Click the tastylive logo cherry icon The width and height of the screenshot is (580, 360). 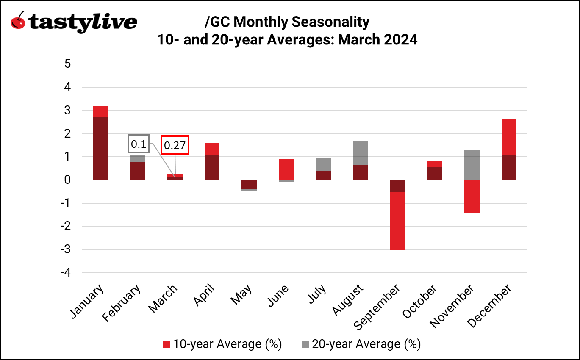pyautogui.click(x=18, y=21)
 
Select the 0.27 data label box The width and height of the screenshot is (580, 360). pyautogui.click(x=175, y=146)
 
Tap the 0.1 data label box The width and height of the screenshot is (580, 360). pyautogui.click(x=139, y=144)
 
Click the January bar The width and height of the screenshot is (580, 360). pyautogui.click(x=100, y=144)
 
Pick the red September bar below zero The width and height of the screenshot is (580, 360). pyautogui.click(x=398, y=220)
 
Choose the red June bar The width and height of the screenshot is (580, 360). pyautogui.click(x=286, y=169)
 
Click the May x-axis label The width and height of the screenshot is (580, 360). pyautogui.click(x=241, y=295)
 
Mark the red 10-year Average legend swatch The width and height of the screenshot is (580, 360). pyautogui.click(x=167, y=344)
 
